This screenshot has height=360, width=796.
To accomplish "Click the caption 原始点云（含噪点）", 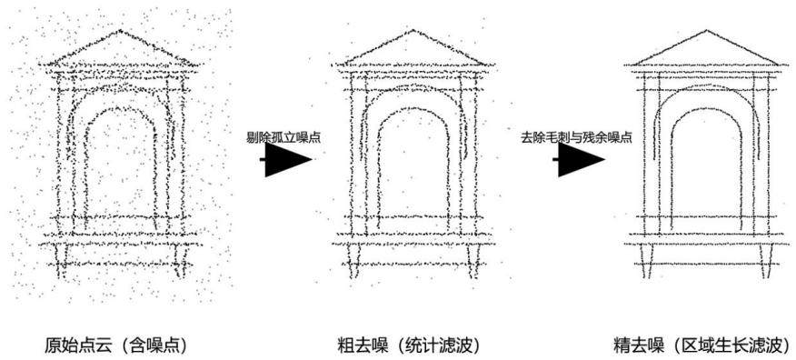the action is tap(116, 346).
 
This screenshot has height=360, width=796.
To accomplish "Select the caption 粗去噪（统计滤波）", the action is tap(409, 346).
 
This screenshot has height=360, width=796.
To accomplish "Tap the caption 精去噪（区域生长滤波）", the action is tap(701, 346).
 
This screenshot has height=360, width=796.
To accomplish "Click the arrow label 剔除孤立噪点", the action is tap(284, 137).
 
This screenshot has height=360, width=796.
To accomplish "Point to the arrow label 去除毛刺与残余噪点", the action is tap(576, 137).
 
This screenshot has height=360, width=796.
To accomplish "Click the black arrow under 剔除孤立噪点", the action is tap(286, 159).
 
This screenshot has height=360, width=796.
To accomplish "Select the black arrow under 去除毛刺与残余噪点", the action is tap(579, 159).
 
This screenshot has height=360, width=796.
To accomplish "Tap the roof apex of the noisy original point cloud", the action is tap(120, 31).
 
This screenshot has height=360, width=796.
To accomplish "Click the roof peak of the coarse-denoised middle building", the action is tap(413, 31).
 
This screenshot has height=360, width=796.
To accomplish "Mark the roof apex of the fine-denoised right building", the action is tap(706, 31).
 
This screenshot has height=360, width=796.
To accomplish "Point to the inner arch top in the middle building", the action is tap(413, 108).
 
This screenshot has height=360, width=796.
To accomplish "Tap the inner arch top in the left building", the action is tap(120, 108).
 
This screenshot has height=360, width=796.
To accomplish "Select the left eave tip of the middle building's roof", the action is tap(333, 65).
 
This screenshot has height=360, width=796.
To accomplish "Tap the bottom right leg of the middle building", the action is tap(474, 262).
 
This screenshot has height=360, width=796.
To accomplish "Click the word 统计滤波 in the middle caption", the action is tap(439, 346).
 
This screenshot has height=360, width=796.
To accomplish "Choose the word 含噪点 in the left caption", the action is tap(155, 346).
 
